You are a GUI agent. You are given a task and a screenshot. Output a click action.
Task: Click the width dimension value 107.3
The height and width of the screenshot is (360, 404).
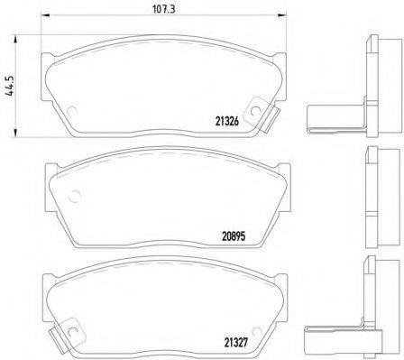click(164, 9)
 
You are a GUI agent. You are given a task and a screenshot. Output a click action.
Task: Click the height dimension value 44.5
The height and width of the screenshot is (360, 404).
click(10, 86)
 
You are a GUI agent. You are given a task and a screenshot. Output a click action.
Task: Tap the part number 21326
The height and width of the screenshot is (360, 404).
click(227, 121)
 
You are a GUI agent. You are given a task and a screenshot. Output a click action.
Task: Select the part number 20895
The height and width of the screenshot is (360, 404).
click(234, 236)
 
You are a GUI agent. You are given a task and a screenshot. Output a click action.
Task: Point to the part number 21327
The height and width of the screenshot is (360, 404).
click(236, 342)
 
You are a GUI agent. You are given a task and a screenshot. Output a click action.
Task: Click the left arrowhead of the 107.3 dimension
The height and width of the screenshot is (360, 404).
click(44, 15)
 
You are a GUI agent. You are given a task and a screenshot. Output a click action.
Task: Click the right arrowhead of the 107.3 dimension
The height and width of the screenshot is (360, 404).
click(282, 15)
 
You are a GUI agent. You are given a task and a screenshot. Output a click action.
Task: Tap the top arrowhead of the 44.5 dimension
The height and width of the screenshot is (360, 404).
click(15, 39)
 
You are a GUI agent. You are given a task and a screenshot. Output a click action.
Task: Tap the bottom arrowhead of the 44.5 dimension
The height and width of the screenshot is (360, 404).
click(15, 133)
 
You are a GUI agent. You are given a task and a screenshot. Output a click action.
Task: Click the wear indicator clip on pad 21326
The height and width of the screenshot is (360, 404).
click(261, 114)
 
